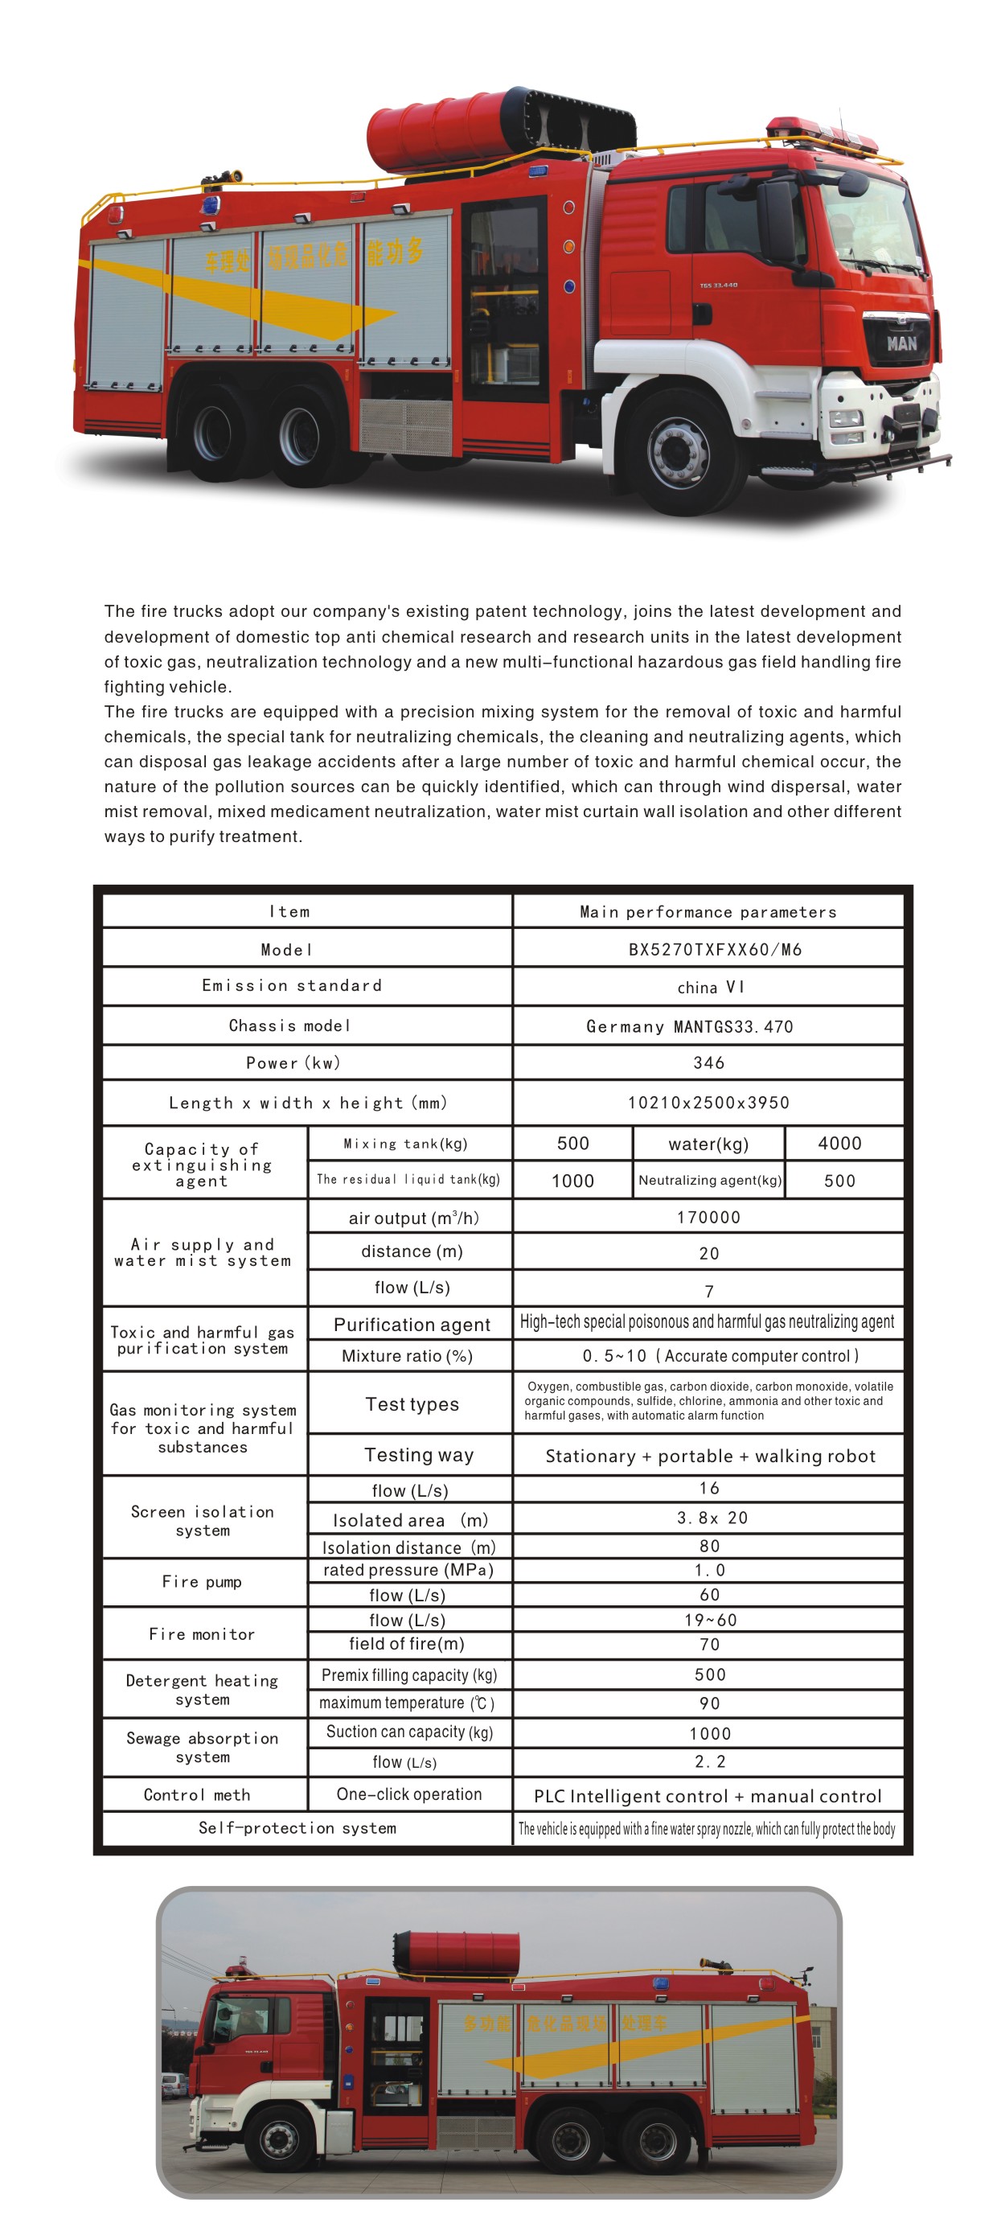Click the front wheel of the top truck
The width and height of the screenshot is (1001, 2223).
point(681,451)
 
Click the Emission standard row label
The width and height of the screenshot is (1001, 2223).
point(292,985)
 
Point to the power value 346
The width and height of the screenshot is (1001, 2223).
point(708,1062)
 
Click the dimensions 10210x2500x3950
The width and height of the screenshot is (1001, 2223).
point(708,1102)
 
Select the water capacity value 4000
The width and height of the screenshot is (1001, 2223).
point(839,1144)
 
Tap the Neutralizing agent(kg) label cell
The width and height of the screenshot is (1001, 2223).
point(709,1180)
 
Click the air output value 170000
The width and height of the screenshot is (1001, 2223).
point(708,1217)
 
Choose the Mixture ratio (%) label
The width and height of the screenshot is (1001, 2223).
point(408,1356)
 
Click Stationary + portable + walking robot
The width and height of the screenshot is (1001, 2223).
point(709,1456)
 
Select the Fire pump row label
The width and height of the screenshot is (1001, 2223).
point(202,1582)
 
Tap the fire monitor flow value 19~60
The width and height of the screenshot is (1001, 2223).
point(710,1620)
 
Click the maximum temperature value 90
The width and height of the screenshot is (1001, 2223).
point(709,1703)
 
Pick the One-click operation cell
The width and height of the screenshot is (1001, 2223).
point(409,1794)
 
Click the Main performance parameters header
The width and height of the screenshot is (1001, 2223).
point(708,912)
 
